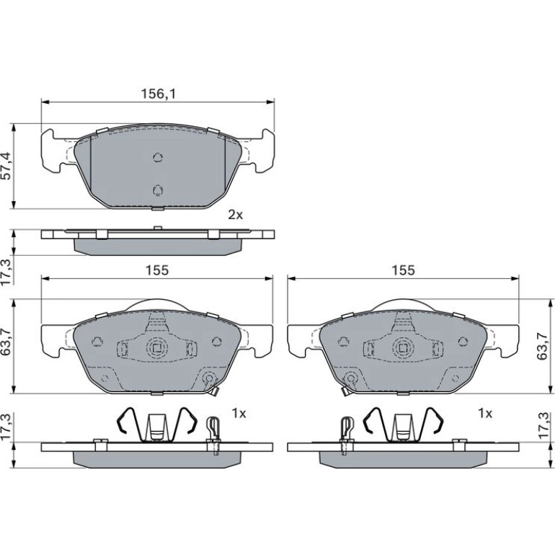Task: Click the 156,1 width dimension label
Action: click(x=159, y=94)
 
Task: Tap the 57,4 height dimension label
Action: click(x=6, y=166)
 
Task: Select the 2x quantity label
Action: click(x=236, y=215)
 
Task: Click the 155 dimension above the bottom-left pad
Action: click(x=158, y=270)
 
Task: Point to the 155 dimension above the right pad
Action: click(x=403, y=270)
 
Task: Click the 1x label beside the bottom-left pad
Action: click(x=239, y=413)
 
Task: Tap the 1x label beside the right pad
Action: click(x=484, y=413)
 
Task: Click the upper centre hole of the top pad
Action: click(x=158, y=157)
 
